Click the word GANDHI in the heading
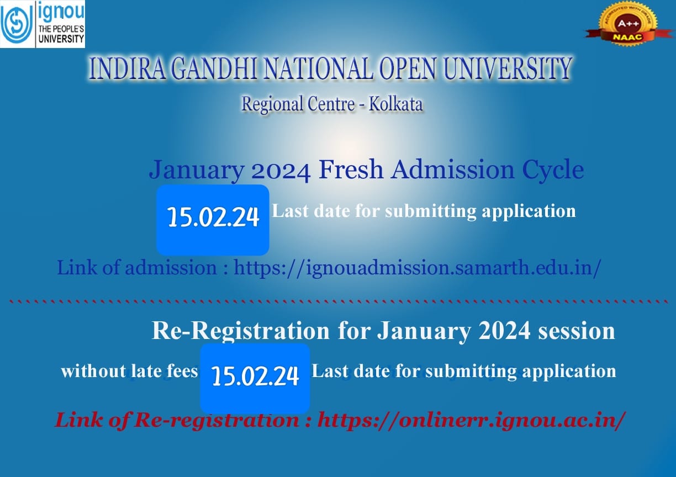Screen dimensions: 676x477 [215, 68]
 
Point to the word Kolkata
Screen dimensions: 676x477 [395, 104]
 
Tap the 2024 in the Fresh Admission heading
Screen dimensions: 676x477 [281, 171]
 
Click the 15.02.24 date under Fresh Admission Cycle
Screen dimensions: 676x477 [213, 217]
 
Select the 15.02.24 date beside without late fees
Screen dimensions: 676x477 [255, 376]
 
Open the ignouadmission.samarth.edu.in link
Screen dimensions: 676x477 [418, 268]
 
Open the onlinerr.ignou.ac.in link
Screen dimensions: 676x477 [470, 420]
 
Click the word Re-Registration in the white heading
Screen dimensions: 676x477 [241, 331]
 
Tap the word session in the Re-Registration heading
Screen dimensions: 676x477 [577, 331]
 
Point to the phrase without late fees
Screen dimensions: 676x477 [129, 371]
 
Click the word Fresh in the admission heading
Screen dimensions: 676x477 [351, 170]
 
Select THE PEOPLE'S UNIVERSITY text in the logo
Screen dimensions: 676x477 [61, 34]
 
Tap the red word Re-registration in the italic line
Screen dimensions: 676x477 [216, 420]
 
